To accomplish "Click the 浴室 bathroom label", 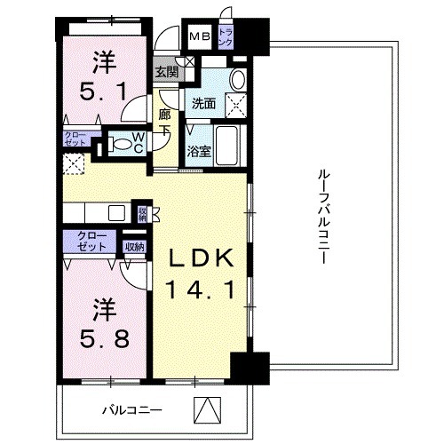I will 199,152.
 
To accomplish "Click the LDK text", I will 201,258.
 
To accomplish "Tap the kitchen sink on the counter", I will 116,212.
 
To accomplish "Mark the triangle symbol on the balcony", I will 206,409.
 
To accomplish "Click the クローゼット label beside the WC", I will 74,138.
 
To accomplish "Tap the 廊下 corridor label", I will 164,120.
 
